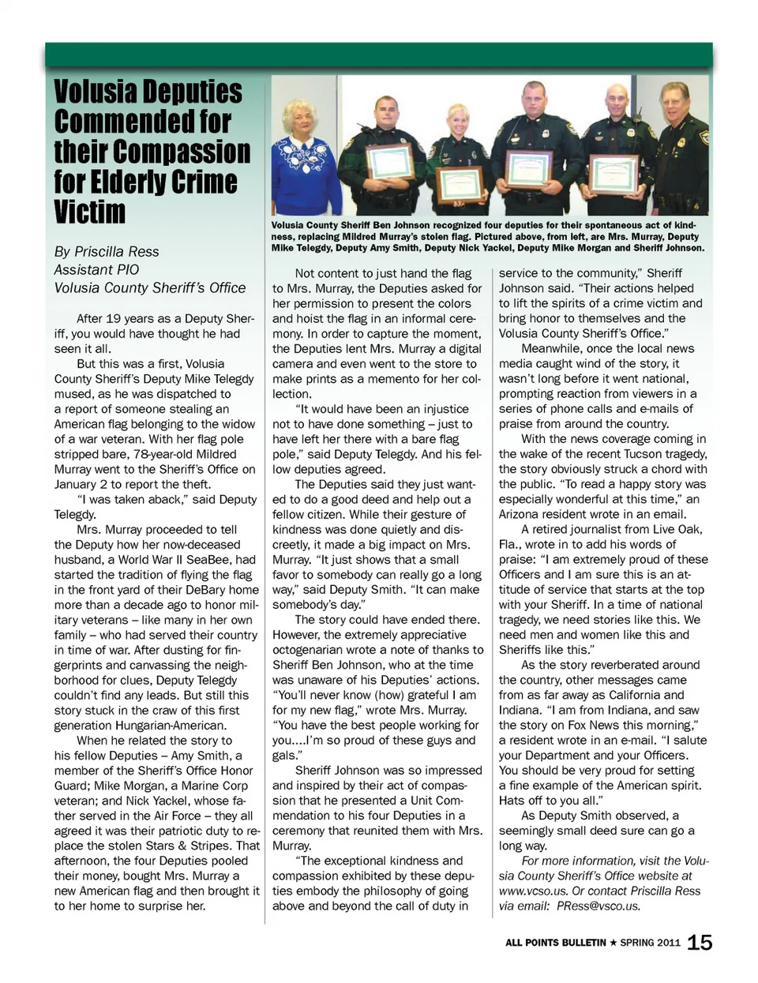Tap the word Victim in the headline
pos(90,212)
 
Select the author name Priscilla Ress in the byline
pos(117,252)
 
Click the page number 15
pos(700,942)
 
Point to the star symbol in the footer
pos(613,943)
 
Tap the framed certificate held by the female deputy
pos(460,183)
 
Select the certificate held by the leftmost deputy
pos(390,161)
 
